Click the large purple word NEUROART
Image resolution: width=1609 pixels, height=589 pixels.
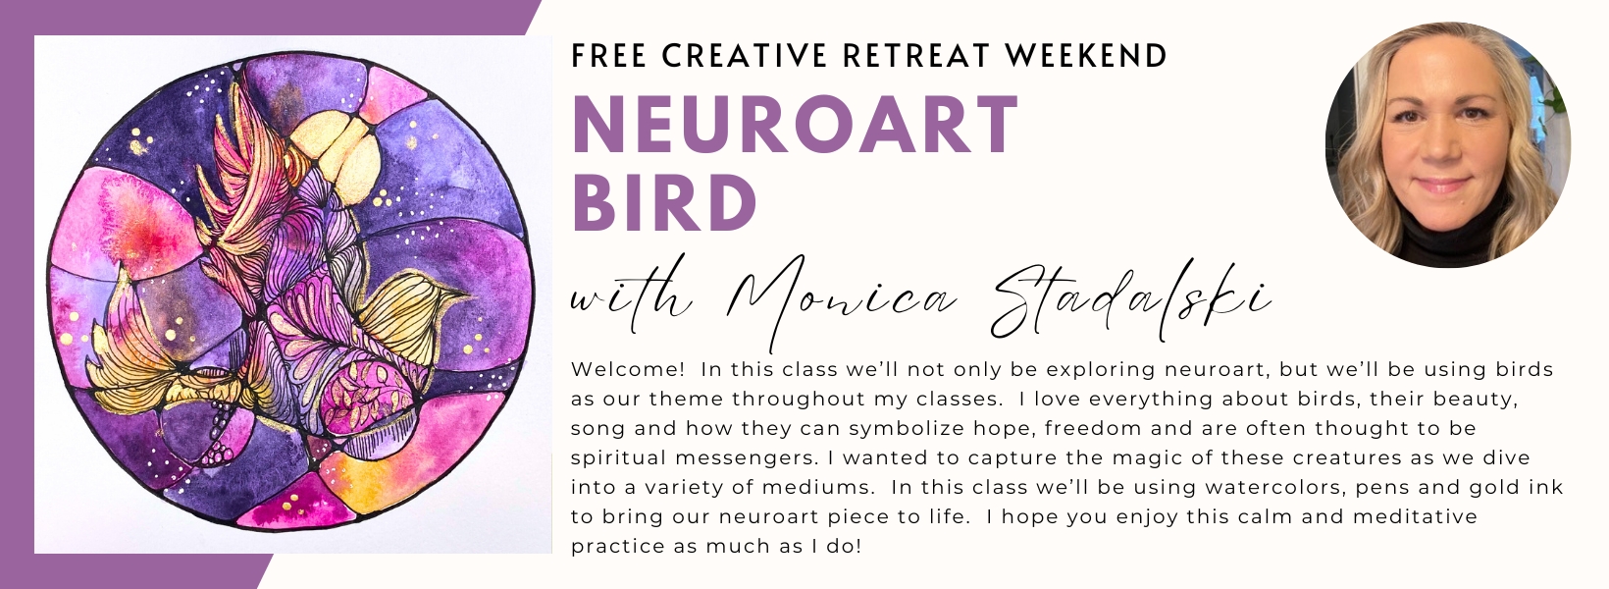795,124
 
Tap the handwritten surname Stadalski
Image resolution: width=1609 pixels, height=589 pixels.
1127,301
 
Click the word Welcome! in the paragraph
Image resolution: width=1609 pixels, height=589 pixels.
628,369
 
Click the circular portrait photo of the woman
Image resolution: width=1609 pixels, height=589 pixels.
1448,145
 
